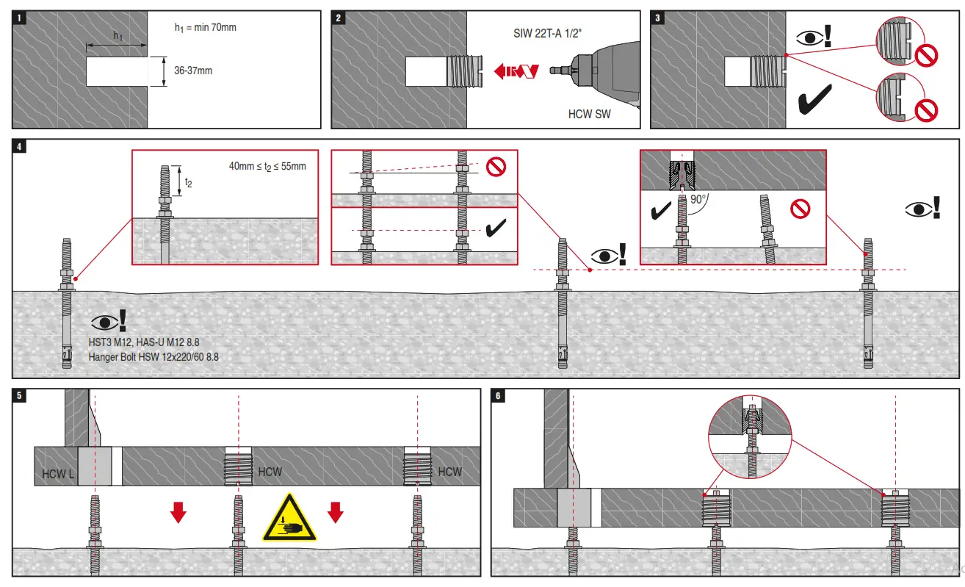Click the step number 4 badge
(20, 146)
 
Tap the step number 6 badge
(499, 396)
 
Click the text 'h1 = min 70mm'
(205, 27)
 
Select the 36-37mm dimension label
(193, 71)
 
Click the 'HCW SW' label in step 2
(589, 114)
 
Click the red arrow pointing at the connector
(517, 71)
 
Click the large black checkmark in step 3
(814, 100)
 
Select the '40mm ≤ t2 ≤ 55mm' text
(267, 167)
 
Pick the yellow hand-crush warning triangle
(290, 517)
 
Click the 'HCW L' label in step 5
(58, 474)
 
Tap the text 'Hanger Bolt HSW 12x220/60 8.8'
(153, 357)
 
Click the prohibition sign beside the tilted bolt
(800, 209)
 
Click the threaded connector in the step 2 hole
(463, 71)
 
